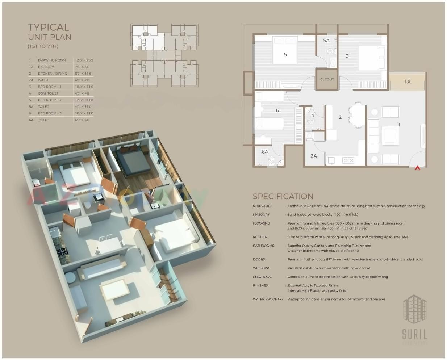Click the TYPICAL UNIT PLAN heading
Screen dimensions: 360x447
50,32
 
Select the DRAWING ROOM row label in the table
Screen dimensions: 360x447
52,60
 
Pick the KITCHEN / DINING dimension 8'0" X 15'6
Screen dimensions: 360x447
83,74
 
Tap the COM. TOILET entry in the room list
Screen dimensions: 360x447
48,93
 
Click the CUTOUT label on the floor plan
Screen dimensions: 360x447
327,79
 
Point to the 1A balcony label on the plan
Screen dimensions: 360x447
408,82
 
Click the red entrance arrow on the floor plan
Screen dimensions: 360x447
417,168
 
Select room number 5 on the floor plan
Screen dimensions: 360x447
285,55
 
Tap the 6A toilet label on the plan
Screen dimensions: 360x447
265,152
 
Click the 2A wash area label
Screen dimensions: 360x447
313,156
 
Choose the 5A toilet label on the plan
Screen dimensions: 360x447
326,41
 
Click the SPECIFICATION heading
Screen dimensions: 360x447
283,197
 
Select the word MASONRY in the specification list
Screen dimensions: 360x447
261,215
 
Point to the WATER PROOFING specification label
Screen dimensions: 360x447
268,300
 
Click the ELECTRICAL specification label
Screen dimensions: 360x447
263,277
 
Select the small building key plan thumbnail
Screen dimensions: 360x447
164,55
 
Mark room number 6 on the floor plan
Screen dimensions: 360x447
277,110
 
